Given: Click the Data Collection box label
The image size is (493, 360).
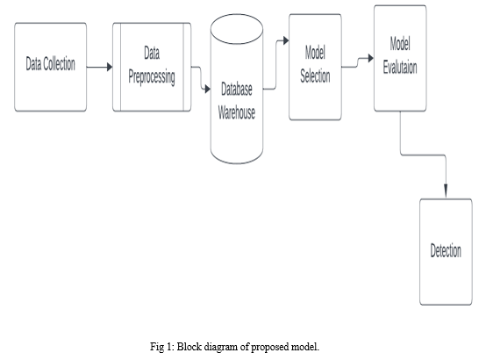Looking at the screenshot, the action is [x=50, y=64].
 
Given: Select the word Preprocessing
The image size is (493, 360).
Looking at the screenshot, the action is [x=152, y=77].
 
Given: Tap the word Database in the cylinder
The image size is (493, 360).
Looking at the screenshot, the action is [x=237, y=89].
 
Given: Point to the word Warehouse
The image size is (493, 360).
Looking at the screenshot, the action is [x=237, y=112].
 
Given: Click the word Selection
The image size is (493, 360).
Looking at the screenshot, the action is [x=315, y=76].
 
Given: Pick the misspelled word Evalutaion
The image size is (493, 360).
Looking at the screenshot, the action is [x=400, y=68].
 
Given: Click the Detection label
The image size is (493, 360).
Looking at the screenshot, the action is [x=446, y=251].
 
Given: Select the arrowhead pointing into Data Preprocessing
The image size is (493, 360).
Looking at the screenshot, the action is [x=110, y=67].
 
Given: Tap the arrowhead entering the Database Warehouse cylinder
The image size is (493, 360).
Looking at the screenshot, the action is [x=208, y=89].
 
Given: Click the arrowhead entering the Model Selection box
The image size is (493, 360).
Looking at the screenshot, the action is [x=286, y=40].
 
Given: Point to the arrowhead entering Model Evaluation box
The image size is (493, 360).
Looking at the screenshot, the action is [x=371, y=58].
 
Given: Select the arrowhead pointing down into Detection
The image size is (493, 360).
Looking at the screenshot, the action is [x=446, y=191].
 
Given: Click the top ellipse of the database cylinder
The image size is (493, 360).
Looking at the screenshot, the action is [x=237, y=29].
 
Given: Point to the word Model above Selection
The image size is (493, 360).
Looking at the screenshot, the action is [x=315, y=52].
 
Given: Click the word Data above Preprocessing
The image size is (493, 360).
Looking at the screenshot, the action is [x=152, y=53].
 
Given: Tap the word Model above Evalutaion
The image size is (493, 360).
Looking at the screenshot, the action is [x=400, y=43].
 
